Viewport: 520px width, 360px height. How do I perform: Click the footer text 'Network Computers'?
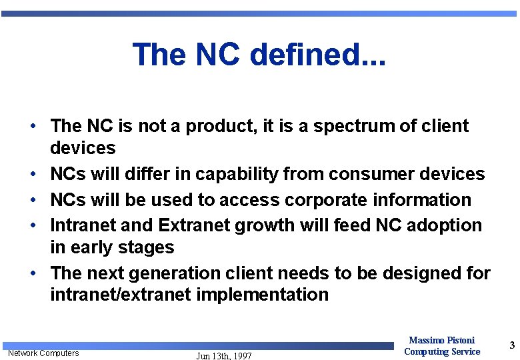(x=43, y=353)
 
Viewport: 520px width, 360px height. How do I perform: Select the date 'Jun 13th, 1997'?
(x=224, y=356)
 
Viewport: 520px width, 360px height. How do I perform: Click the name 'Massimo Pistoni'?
(x=441, y=340)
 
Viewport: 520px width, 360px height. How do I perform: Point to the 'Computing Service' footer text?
(x=442, y=351)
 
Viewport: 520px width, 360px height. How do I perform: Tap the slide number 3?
(x=512, y=345)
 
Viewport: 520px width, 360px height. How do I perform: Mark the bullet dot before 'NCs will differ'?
(x=32, y=175)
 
